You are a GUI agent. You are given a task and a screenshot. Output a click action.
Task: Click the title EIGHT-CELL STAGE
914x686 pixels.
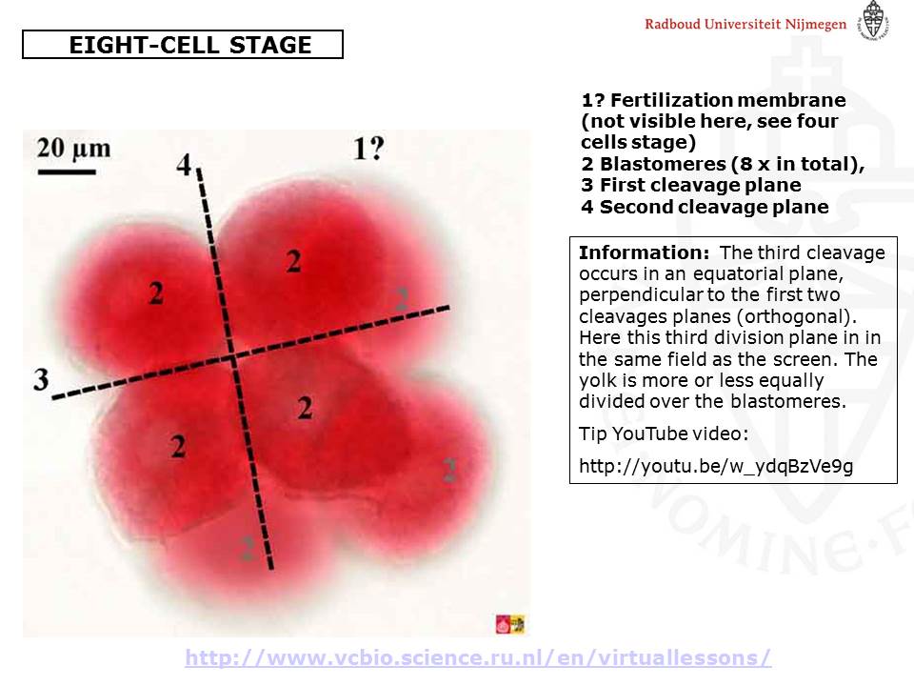[190, 45]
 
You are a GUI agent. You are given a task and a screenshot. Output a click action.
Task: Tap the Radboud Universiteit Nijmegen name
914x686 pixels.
[745, 24]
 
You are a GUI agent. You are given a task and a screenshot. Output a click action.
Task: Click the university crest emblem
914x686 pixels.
[873, 20]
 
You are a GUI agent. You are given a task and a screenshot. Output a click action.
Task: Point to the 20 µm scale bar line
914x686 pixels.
[67, 172]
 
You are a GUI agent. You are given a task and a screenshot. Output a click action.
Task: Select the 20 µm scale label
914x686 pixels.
[73, 149]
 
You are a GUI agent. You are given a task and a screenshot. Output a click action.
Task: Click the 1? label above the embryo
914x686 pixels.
[369, 149]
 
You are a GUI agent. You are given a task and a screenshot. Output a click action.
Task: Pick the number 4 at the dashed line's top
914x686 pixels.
[184, 165]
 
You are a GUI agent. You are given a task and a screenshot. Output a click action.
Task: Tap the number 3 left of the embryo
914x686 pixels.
[41, 379]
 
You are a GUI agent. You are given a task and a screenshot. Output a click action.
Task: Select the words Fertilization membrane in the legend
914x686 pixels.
[728, 100]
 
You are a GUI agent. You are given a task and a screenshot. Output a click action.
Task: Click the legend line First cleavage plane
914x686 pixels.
[691, 185]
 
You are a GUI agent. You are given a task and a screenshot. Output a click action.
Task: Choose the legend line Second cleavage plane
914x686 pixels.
[705, 207]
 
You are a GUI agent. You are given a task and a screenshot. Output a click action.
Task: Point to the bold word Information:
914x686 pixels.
[645, 252]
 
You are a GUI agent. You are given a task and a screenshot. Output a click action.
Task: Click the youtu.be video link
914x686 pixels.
[716, 466]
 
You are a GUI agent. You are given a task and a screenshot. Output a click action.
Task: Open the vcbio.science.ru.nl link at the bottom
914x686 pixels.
[478, 657]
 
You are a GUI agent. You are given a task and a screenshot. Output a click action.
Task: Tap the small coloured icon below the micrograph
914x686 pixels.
[510, 624]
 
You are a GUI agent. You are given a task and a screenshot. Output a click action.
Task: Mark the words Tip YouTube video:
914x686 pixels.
[664, 434]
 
